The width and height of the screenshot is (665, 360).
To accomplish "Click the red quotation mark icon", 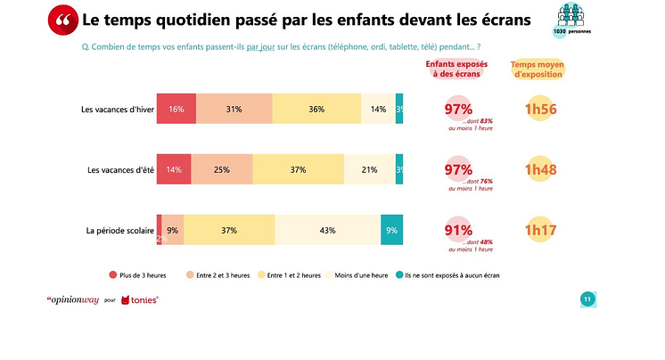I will pos(62,20).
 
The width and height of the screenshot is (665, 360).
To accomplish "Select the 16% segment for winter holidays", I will pos(176,109).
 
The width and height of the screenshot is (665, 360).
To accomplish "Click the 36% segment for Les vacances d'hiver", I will pos(316,109).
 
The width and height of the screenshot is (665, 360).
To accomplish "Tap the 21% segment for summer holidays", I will pos(369,169).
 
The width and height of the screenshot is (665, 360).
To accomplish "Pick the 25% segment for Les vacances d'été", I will pos(221,169).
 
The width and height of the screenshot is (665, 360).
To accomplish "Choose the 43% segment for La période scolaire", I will pos(327,230).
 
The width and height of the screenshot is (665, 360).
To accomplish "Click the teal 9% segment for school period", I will pos(391,230).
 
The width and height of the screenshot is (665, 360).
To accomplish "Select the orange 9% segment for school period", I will pos(172,230).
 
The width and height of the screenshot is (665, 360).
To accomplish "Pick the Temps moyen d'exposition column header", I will pos(537,69).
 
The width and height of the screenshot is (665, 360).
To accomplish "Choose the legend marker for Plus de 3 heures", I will pos(113,275).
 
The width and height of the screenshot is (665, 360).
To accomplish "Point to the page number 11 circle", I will pos(587,299).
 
